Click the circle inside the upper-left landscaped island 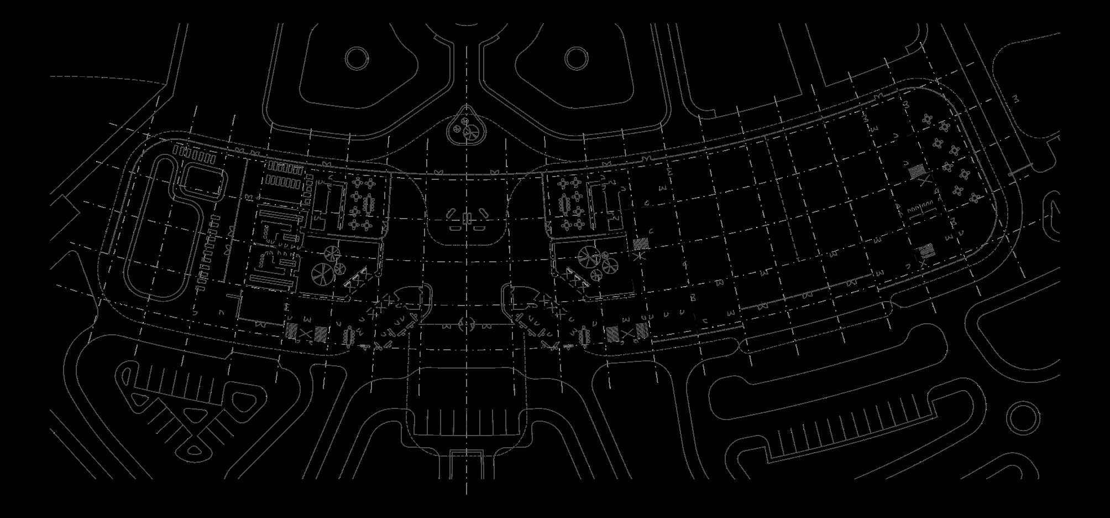pos(357,57)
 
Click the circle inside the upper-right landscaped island pos(576,58)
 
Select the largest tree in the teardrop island pos(472,132)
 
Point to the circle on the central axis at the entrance pos(466,323)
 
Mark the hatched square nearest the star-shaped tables pos(917,170)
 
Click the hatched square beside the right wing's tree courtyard pos(641,243)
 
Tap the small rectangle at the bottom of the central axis pos(466,464)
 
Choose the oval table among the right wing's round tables pos(565,204)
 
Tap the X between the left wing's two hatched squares pos(306,333)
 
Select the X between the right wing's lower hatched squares pos(627,333)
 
